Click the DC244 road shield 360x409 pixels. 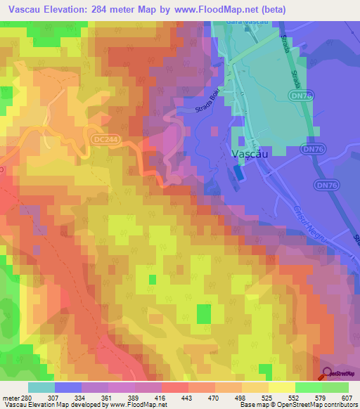pyautogui.click(x=101, y=139)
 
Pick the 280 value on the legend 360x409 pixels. pyautogui.click(x=25, y=398)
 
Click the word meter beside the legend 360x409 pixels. pyautogui.click(x=9, y=398)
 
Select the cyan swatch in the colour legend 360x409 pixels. pyautogui.click(x=41, y=387)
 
